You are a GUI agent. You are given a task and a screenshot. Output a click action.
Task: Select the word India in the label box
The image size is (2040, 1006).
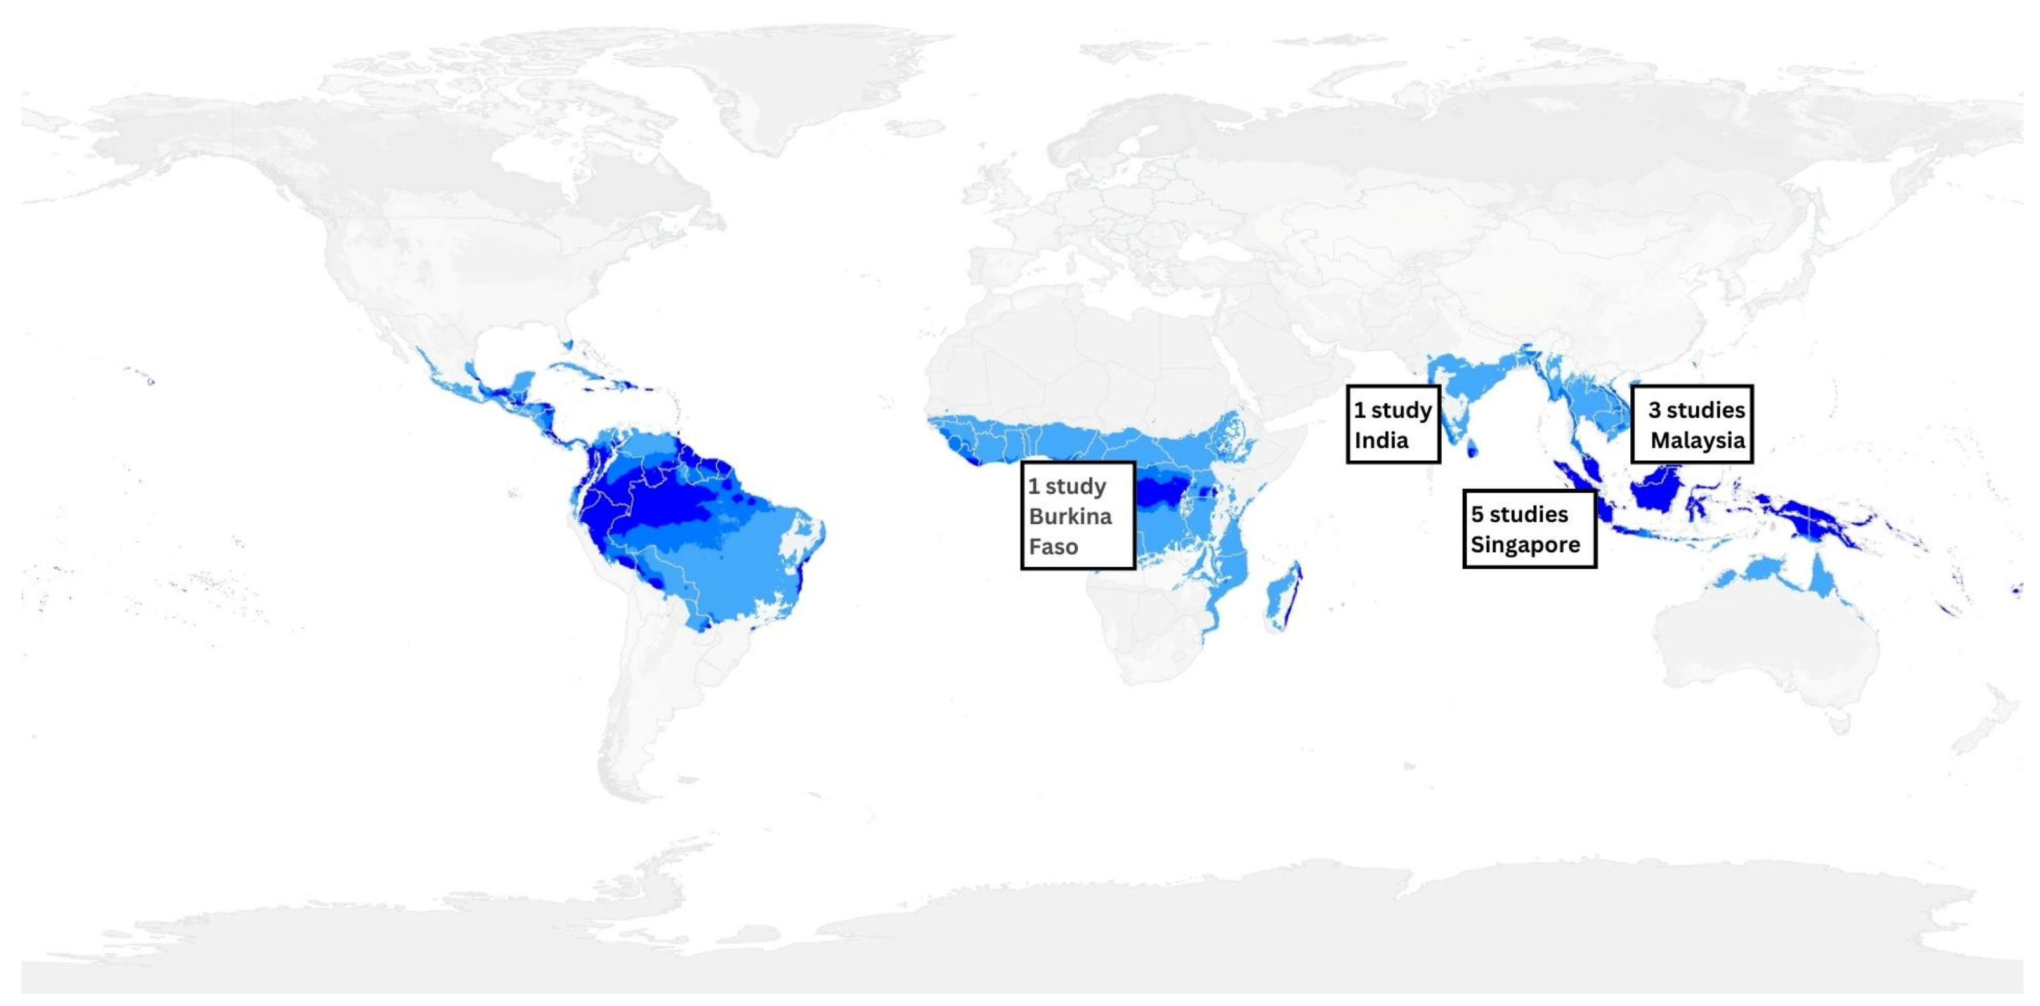pos(1381,441)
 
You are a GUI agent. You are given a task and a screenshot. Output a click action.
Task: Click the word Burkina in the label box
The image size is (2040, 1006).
pos(1070,517)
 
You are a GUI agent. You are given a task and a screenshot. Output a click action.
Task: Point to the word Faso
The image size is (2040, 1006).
pos(1053,547)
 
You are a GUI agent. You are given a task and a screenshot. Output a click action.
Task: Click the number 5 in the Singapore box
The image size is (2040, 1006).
pos(1477,515)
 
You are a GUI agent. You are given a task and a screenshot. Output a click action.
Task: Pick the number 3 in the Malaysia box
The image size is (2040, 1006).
pos(1654,410)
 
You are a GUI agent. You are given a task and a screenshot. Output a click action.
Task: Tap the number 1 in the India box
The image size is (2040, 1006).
pos(1359,410)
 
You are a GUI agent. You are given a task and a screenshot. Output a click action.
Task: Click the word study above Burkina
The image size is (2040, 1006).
pos(1075,486)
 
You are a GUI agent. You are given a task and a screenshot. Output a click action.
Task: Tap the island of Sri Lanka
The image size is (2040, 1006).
pos(1472,450)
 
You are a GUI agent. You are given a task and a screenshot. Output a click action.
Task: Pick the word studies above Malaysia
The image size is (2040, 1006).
pos(1706,410)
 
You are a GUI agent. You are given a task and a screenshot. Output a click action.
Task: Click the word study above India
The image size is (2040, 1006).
pos(1401,410)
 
